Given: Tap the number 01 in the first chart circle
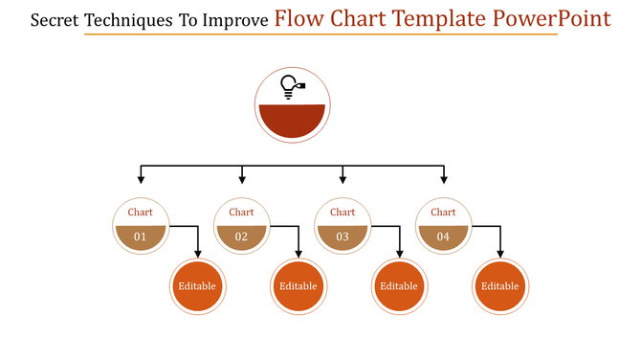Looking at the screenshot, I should click(x=141, y=236).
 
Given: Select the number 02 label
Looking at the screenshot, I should click(x=241, y=236).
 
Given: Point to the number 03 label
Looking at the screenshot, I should click(x=343, y=236).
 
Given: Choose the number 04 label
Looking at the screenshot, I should click(x=443, y=236).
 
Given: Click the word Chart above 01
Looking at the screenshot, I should click(x=141, y=213).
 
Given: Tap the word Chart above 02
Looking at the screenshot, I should click(x=241, y=213).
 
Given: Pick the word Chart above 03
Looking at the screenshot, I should click(x=343, y=213).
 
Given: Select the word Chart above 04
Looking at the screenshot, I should click(x=443, y=213).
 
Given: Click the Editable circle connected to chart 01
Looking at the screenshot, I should click(x=197, y=285).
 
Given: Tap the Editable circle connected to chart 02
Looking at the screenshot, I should click(x=298, y=285).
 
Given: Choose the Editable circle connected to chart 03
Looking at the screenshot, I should click(x=399, y=285).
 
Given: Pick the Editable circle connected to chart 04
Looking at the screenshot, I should click(x=500, y=285).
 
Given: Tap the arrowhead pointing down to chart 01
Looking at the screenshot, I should click(x=141, y=179).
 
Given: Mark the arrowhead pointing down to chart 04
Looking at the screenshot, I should click(x=443, y=179).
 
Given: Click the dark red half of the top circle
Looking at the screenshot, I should click(x=293, y=121).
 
